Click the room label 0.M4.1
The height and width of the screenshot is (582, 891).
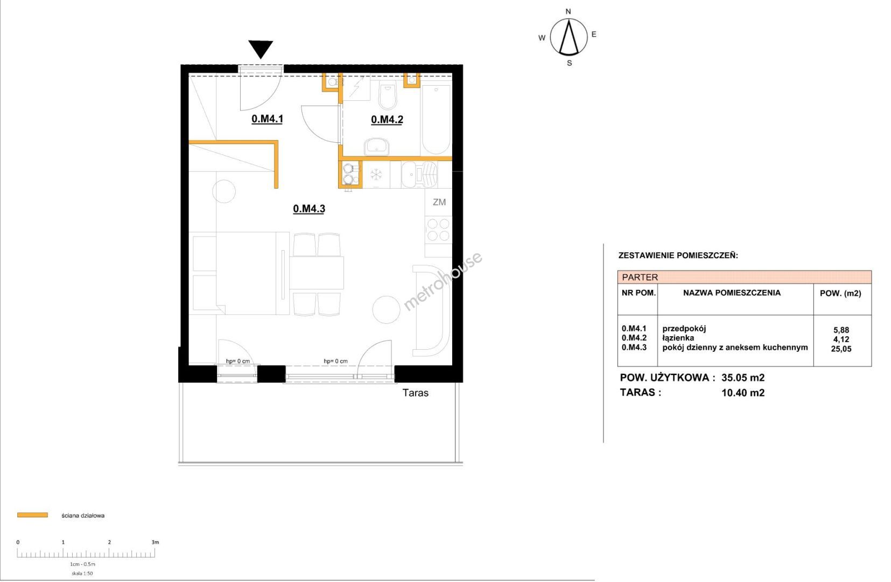tap(267, 119)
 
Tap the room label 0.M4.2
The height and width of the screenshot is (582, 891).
tap(387, 120)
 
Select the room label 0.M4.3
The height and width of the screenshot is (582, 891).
tap(309, 209)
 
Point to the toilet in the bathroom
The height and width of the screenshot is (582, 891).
tap(388, 95)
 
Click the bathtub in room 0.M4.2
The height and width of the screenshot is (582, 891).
tap(436, 119)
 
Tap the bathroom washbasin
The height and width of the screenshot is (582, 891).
tap(376, 147)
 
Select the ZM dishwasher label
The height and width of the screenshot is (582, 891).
tap(439, 202)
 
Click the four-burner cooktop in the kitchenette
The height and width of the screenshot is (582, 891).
tap(438, 230)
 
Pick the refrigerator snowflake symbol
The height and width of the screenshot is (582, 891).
tap(376, 175)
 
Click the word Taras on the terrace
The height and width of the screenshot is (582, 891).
tap(415, 393)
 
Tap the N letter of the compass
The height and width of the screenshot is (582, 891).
tap(569, 11)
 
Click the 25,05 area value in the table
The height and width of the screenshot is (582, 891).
tap(841, 349)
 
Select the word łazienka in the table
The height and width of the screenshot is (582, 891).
tap(678, 338)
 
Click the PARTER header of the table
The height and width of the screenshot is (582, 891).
tap(640, 277)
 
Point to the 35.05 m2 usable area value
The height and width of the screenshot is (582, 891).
tap(743, 377)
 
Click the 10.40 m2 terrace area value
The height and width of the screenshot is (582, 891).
tap(743, 393)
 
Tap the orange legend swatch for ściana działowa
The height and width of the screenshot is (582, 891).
tap(32, 515)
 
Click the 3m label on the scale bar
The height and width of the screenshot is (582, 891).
tap(155, 542)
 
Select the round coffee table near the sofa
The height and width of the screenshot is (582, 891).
tap(386, 310)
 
